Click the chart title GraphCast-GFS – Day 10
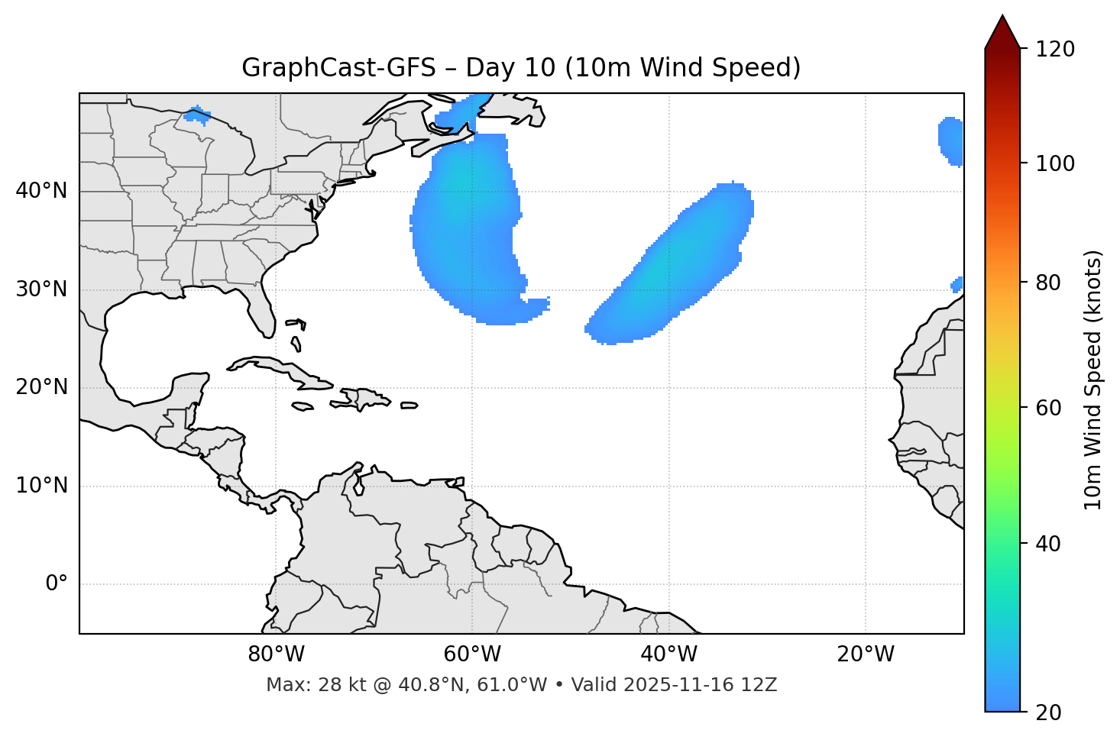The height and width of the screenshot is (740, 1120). click(521, 68)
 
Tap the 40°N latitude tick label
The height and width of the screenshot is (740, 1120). click(41, 191)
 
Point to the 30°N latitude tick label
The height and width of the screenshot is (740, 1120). click(41, 289)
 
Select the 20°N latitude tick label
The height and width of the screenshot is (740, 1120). click(41, 387)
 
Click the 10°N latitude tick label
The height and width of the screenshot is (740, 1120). click(41, 486)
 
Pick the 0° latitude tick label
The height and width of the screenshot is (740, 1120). click(56, 584)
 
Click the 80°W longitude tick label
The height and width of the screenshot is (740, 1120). click(276, 654)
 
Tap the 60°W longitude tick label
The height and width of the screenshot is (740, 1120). click(472, 654)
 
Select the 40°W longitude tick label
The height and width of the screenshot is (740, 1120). click(668, 654)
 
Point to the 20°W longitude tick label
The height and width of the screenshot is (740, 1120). click(865, 654)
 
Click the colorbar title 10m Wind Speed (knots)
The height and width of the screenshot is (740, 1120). click(1093, 380)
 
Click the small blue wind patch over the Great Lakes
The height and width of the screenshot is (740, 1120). click(197, 116)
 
